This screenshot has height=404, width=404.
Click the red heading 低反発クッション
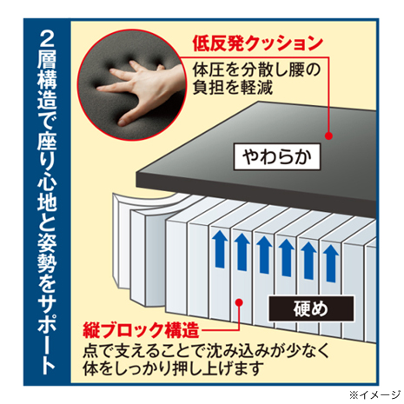[257, 43]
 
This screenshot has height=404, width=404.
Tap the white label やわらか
[277, 156]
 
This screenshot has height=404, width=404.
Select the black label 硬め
[311, 308]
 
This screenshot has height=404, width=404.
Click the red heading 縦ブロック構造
[141, 330]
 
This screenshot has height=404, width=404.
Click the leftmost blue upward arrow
[220, 248]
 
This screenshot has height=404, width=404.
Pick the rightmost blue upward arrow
[331, 263]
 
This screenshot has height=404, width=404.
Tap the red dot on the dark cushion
[328, 136]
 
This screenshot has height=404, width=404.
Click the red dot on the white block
[239, 302]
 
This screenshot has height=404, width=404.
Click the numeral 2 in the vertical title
[47, 39]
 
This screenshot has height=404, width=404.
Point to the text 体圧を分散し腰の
[256, 70]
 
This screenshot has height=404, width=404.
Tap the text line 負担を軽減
[233, 87]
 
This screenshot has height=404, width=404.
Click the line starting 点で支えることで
[206, 351]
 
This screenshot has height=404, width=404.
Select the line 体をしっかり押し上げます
[173, 368]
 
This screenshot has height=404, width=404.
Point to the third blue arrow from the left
[264, 255]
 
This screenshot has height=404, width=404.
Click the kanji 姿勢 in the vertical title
[47, 255]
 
